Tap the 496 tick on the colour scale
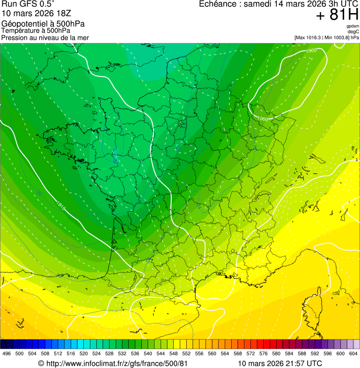tap(7, 354)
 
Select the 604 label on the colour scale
tap(353, 354)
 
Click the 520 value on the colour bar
tap(83, 354)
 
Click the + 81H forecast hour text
tap(337, 15)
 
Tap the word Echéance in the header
tap(216, 4)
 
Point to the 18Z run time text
tap(62, 14)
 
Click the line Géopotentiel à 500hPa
tap(43, 24)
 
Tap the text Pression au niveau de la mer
tap(45, 37)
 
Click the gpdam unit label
tap(353, 26)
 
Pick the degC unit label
tap(353, 32)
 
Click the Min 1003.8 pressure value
tap(336, 37)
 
